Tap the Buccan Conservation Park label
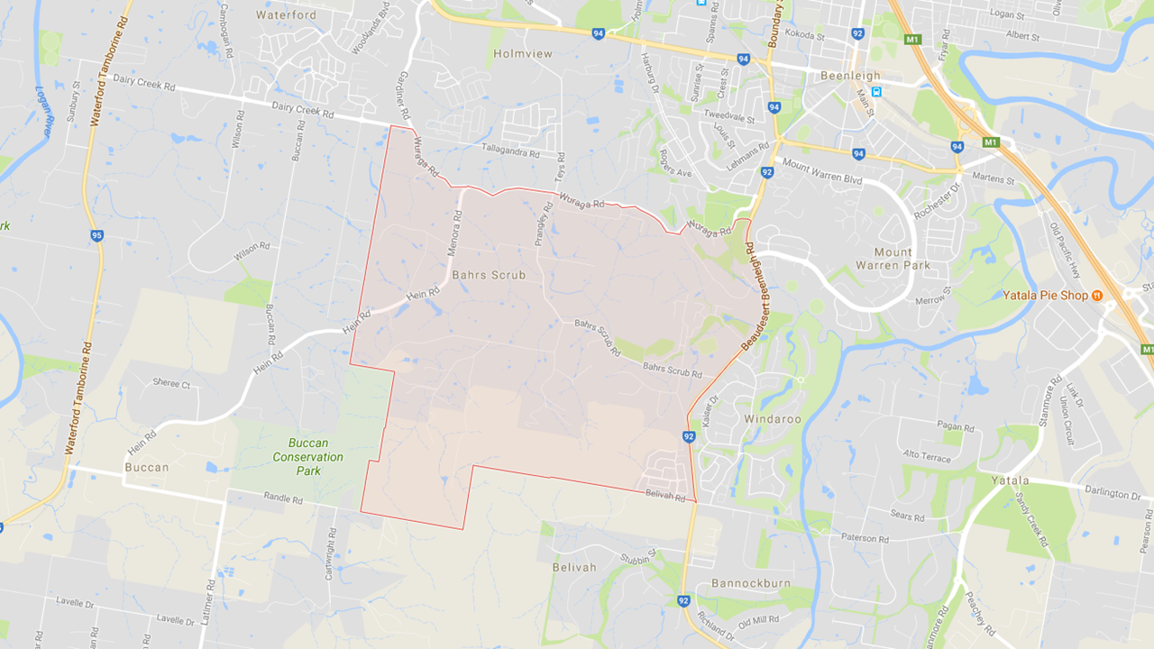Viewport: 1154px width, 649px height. [x=308, y=457]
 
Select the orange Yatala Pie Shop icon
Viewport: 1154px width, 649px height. [x=1097, y=296]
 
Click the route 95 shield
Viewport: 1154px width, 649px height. [x=96, y=236]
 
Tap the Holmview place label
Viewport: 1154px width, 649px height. [x=522, y=54]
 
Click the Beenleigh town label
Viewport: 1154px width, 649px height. [x=850, y=76]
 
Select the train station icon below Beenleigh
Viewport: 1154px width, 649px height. [x=876, y=91]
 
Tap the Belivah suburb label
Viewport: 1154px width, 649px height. [x=574, y=567]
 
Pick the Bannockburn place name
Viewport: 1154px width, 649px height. [x=751, y=583]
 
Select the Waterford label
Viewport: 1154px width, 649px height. [x=286, y=15]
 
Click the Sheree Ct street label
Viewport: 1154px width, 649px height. [x=171, y=384]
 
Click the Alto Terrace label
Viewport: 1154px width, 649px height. [x=927, y=457]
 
